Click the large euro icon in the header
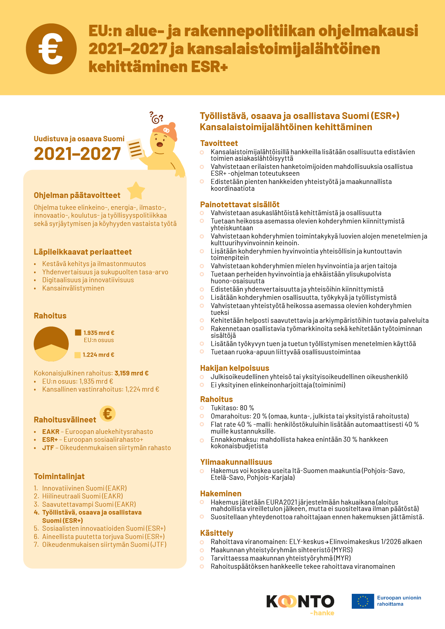pyautogui.click(x=51, y=49)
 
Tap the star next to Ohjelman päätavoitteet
pyautogui.click(x=136, y=191)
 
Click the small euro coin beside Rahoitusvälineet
pyautogui.click(x=108, y=413)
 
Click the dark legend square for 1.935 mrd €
pyautogui.click(x=78, y=332)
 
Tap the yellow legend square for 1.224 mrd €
pyautogui.click(x=77, y=355)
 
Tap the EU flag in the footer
pyautogui.click(x=363, y=601)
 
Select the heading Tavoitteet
pyautogui.click(x=219, y=143)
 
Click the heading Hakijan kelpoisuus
pyautogui.click(x=235, y=368)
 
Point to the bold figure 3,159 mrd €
pyautogui.click(x=132, y=373)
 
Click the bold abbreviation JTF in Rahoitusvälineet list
pyautogui.click(x=48, y=448)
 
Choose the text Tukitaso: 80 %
pyautogui.click(x=232, y=408)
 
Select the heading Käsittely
pyautogui.click(x=217, y=533)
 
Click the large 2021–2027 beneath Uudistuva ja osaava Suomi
pyautogui.click(x=77, y=154)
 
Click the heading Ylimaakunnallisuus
pyautogui.click(x=236, y=462)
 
